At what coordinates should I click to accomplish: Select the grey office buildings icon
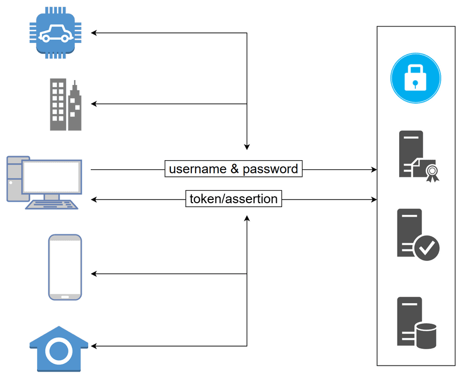pos(66,104)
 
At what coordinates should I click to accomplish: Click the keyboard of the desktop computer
pos(53,204)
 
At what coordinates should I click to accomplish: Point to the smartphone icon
pos(65,267)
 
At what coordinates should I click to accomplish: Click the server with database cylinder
pos(416,323)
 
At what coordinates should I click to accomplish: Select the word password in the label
pos(270,169)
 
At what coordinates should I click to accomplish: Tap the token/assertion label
pos(234,199)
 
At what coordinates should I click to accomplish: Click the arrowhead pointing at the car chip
pos(93,33)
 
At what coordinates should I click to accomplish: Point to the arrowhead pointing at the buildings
pos(93,103)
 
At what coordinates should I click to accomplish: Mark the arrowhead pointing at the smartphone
pos(93,274)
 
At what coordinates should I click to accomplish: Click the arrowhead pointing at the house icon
pos(93,346)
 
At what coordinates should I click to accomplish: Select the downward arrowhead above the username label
pos(247,147)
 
